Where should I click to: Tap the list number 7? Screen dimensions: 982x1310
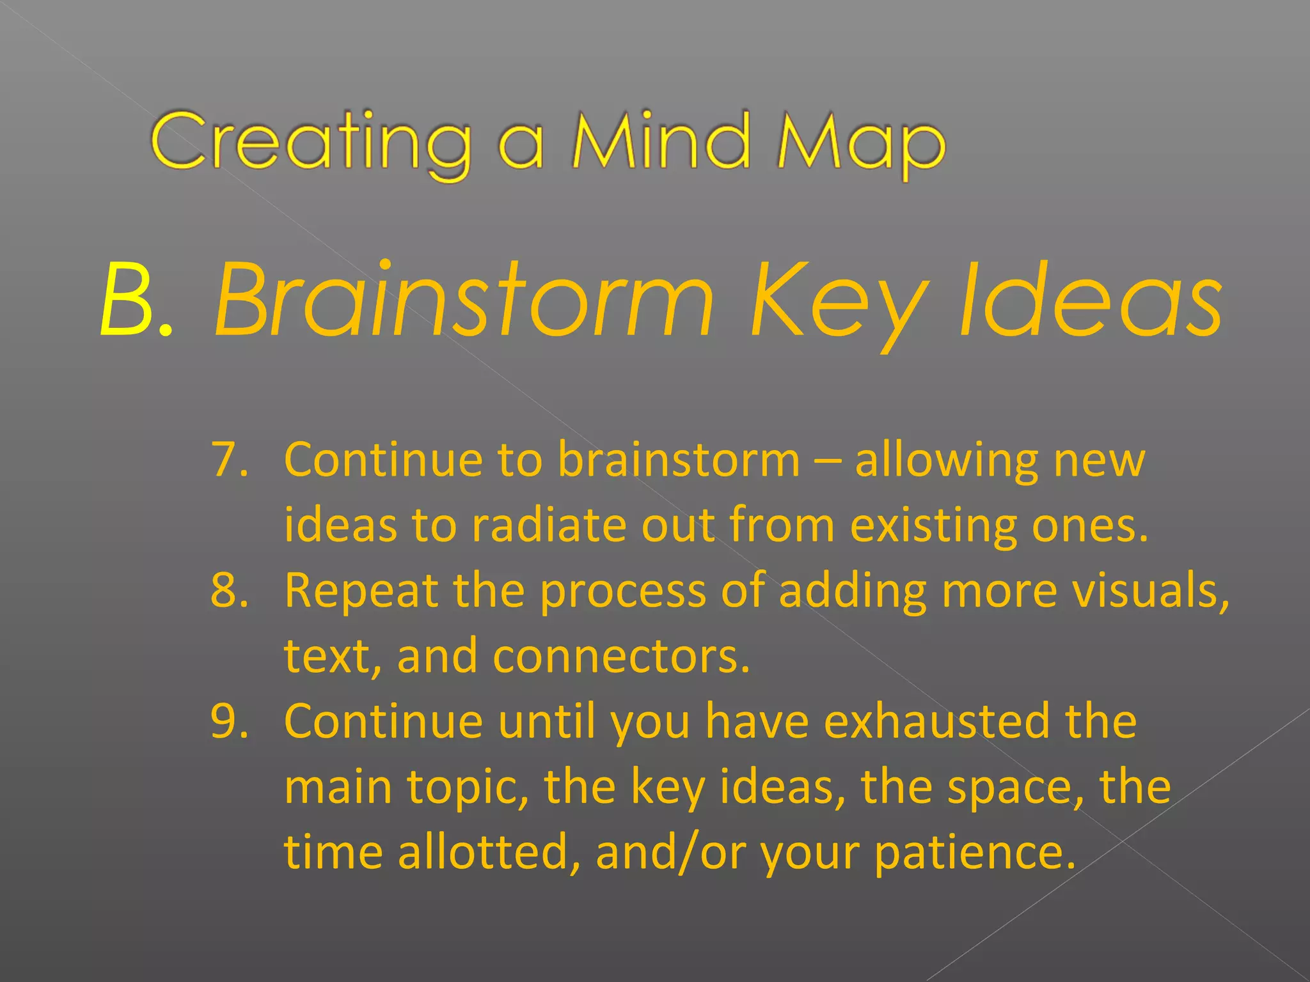click(x=229, y=459)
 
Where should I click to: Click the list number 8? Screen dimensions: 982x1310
click(x=229, y=589)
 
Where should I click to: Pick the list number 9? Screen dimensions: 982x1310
click(x=229, y=721)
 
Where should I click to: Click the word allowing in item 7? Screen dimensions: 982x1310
click(x=946, y=460)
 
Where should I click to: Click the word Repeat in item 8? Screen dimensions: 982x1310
click(x=361, y=591)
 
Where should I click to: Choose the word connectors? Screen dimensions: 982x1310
click(x=621, y=657)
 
